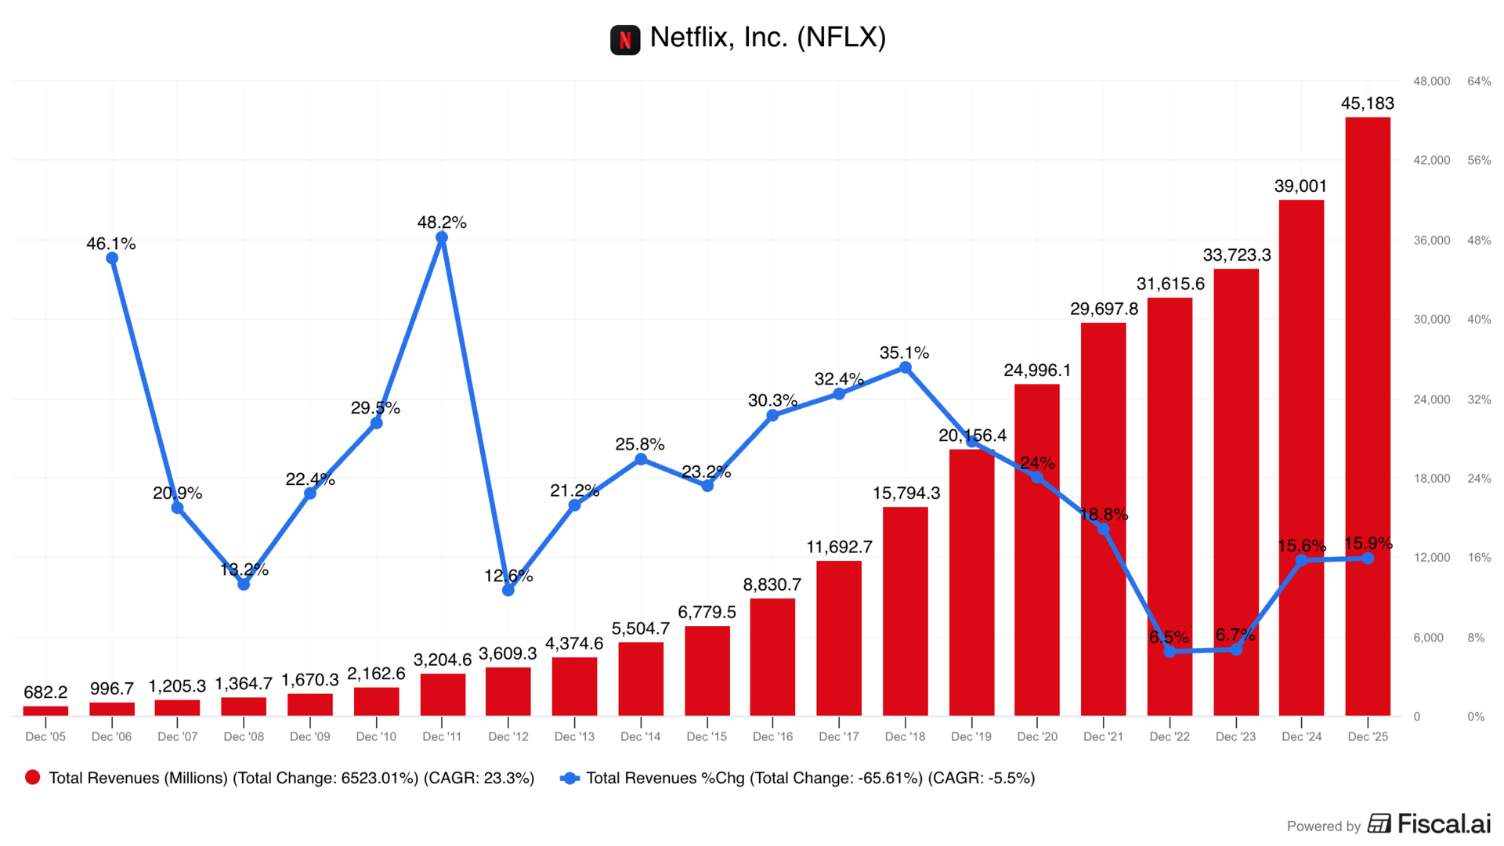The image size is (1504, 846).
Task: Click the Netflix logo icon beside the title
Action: point(625,39)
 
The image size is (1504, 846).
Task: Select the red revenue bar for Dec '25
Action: point(1368,415)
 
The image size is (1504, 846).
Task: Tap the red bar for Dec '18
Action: point(905,611)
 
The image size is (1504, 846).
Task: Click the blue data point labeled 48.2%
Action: point(442,237)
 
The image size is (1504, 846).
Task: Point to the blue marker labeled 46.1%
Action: point(112,258)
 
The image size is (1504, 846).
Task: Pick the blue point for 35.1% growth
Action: point(905,367)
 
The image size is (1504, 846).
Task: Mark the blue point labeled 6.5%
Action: point(1170,651)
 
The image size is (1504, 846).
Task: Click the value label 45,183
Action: point(1368,103)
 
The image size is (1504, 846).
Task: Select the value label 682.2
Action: point(45,692)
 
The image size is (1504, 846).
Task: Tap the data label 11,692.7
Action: point(839,547)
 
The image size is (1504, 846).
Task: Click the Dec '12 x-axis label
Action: point(508,737)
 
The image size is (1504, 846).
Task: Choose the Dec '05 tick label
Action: point(45,737)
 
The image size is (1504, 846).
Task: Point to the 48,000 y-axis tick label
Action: point(1431,81)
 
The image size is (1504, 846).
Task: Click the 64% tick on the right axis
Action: point(1479,81)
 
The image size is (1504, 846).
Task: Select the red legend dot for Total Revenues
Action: point(33,778)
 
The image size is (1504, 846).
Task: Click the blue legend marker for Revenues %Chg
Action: point(569,778)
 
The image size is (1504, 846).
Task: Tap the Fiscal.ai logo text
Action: point(1444,824)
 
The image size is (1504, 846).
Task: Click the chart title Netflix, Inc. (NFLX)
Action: point(768,38)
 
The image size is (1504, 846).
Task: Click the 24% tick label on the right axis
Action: point(1479,479)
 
